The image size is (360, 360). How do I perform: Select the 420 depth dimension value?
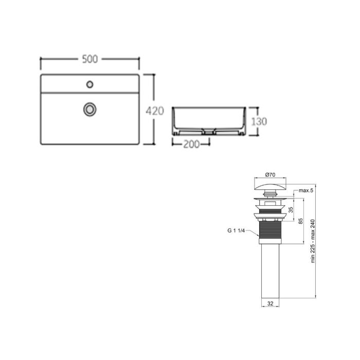(154, 110)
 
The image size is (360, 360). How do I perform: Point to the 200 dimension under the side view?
(191, 145)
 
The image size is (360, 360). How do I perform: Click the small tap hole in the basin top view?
(90, 83)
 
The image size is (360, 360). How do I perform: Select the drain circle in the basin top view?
(90, 109)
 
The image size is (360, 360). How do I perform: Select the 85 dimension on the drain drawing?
(300, 221)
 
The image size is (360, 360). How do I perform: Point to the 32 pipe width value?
(270, 304)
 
